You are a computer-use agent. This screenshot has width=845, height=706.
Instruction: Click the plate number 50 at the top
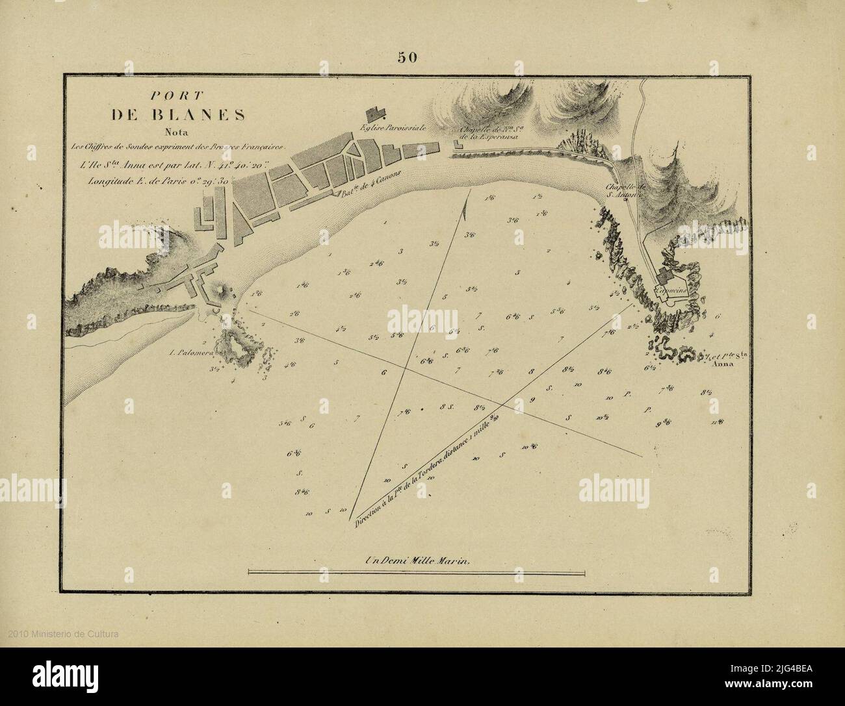tap(408, 58)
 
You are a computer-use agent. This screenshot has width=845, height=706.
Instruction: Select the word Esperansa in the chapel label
tap(486, 137)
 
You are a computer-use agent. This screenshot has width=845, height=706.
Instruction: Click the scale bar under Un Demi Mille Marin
tap(416, 572)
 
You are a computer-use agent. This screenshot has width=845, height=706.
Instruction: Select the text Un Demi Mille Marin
tap(416, 560)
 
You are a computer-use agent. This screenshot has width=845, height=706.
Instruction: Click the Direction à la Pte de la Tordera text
tap(422, 473)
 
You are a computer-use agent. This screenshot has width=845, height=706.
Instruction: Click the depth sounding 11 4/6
tap(718, 423)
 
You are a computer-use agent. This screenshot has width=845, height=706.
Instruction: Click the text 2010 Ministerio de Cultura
tap(64, 634)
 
